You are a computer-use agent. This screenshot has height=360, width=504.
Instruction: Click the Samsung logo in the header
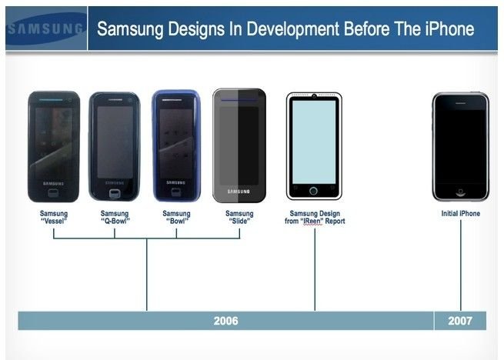46,28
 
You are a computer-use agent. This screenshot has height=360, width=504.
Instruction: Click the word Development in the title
293,29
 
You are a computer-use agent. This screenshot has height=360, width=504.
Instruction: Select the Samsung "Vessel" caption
54,217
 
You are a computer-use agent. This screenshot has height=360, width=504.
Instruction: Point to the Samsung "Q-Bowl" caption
115,217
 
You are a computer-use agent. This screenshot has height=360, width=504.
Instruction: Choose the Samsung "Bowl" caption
176,217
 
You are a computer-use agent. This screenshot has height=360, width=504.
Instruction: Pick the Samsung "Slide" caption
239,217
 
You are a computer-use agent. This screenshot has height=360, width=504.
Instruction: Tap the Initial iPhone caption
461,213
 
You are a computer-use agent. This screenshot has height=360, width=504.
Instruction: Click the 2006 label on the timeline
226,321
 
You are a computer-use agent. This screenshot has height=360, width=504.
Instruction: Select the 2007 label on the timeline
460,321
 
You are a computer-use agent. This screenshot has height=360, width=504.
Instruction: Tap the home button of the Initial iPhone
460,192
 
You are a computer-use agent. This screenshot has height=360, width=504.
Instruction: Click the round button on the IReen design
313,191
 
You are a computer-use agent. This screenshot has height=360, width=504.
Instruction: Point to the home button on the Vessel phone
53,193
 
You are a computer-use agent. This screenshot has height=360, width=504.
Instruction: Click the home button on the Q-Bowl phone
115,194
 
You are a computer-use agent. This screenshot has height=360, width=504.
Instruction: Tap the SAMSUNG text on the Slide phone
239,192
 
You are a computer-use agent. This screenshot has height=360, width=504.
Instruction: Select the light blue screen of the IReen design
314,142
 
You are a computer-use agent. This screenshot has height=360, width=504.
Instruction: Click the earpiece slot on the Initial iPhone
460,104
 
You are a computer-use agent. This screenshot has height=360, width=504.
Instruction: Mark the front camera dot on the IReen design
314,96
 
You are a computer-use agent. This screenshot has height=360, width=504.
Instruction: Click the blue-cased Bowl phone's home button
175,192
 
